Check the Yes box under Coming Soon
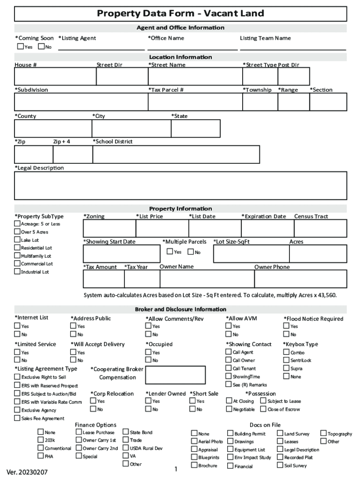coord(21,46)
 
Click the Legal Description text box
coord(180,186)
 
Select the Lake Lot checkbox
coord(17,240)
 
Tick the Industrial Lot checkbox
coord(17,272)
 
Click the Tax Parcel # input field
coord(194,102)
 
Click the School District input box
coord(176,154)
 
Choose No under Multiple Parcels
coord(191,252)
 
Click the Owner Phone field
coord(300,279)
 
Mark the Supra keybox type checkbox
coord(286,368)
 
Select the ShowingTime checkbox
coord(229,376)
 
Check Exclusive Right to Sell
coord(17,377)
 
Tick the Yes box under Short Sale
coord(192,401)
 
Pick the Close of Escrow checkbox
coord(263,409)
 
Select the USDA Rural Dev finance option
coord(126,448)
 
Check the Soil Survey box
coord(280,465)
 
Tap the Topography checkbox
coord(323,434)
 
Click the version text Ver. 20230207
coord(27,472)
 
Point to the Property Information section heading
coord(180,209)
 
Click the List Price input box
coord(162,228)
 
